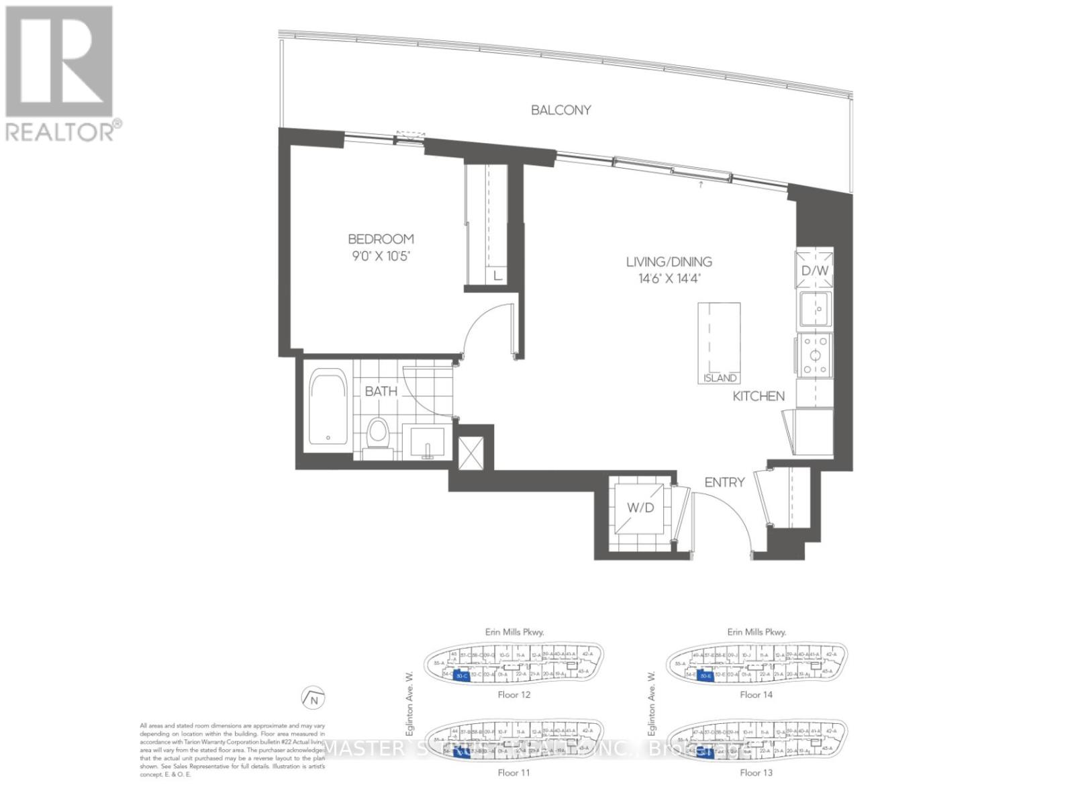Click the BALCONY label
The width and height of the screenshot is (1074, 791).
tap(560, 110)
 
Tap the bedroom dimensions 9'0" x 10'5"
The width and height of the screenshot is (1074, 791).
tap(380, 255)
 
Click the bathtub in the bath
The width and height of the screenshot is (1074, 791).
tap(328, 408)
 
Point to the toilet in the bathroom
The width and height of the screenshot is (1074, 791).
tap(379, 432)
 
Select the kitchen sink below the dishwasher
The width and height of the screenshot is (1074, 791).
tap(815, 309)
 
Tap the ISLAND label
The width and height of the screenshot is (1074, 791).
tap(720, 378)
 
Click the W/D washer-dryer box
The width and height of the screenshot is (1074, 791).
tap(640, 507)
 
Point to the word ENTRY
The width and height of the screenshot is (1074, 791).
tap(724, 482)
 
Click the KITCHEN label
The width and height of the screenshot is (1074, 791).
tap(758, 396)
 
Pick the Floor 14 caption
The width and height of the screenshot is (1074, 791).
tap(756, 694)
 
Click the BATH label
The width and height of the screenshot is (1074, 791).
tap(381, 391)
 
